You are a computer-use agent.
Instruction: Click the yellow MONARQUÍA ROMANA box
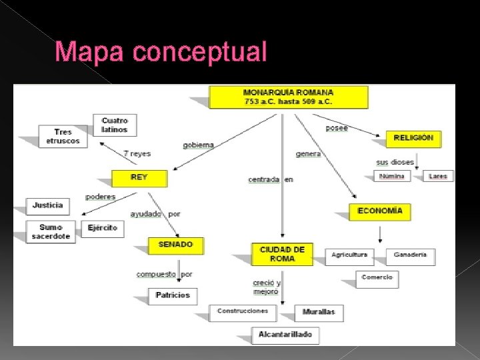pos(288,97)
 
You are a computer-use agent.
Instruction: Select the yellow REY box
pos(139,177)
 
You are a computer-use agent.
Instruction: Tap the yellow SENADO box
pos(175,245)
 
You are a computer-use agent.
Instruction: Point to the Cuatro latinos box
pos(115,125)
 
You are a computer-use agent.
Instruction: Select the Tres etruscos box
pos(63,137)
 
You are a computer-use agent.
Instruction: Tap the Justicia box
pos(47,205)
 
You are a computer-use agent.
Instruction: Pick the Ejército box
pos(102,228)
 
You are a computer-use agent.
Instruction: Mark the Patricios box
pos(173,295)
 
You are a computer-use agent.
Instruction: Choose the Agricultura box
pos(349,255)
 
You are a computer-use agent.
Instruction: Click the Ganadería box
pos(410,255)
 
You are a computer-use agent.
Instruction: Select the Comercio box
pos(377,278)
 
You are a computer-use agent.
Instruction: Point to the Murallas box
pos(319,311)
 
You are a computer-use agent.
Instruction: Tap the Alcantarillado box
pos(285,335)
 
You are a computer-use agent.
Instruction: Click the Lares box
pos(437,177)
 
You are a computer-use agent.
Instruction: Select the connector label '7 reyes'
pos(137,153)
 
